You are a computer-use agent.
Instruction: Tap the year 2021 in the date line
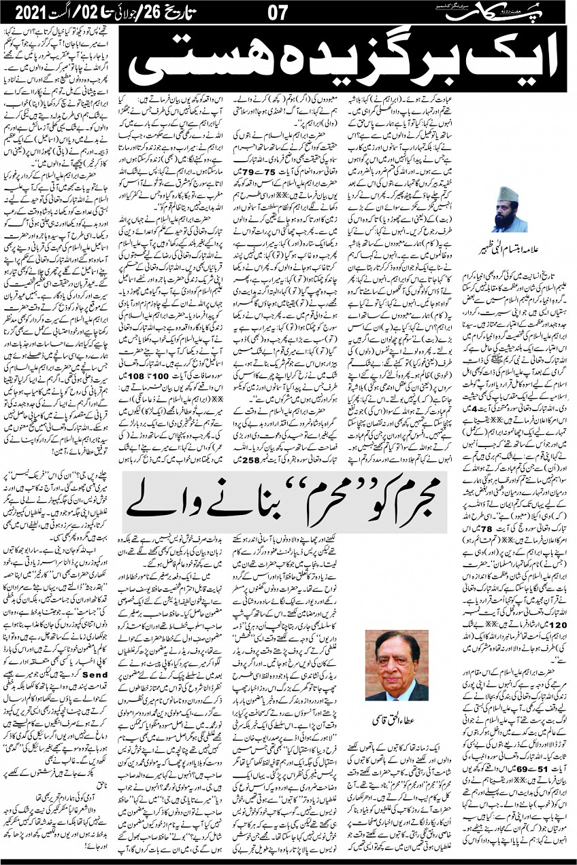click(x=28, y=12)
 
